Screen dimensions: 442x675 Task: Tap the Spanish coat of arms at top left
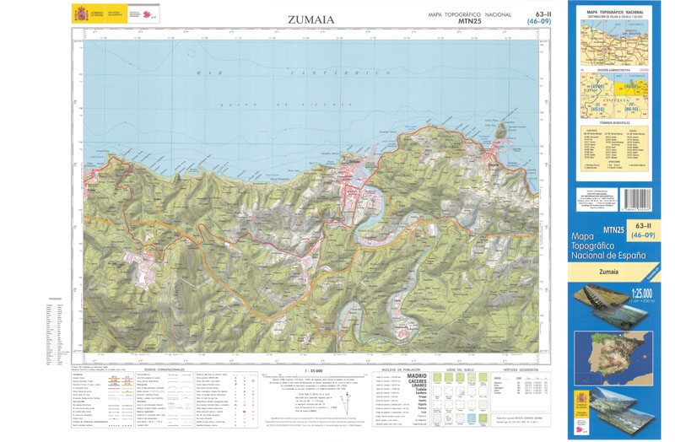[81, 14]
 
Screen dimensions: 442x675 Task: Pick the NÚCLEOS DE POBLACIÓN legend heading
[399, 369]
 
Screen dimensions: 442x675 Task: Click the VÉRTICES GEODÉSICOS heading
[521, 369]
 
